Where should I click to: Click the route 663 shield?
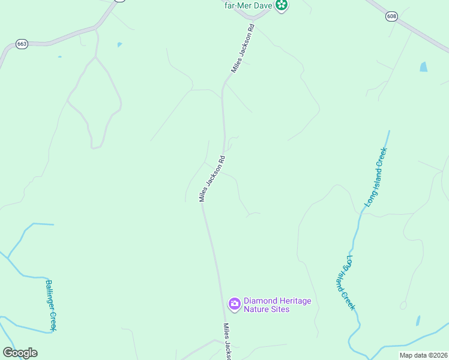(x=22, y=44)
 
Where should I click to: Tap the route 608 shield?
(x=392, y=17)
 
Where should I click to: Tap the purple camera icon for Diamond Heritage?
(x=234, y=304)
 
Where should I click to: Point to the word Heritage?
(x=295, y=301)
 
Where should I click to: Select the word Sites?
(x=280, y=310)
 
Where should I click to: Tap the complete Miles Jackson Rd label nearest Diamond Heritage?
(x=212, y=179)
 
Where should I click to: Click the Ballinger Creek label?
(x=52, y=305)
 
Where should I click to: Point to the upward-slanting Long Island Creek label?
(x=376, y=178)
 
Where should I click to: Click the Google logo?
(x=20, y=353)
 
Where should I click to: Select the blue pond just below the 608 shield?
(x=424, y=67)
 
